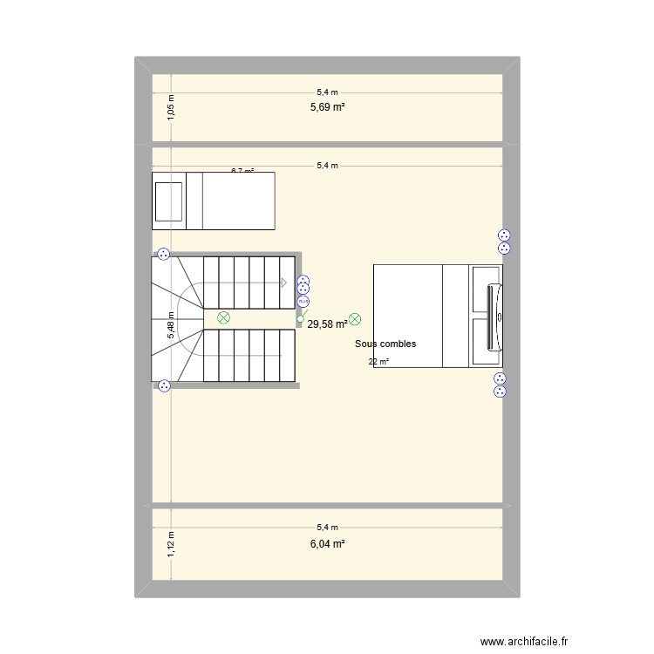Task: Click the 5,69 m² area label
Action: (327, 107)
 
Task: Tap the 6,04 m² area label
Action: (327, 543)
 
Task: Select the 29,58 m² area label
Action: (327, 324)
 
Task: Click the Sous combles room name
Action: (385, 344)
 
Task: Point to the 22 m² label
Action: (378, 362)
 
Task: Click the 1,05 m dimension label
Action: (171, 107)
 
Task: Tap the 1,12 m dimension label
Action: (171, 543)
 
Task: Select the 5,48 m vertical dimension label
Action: (171, 325)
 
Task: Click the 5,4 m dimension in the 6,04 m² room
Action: (327, 527)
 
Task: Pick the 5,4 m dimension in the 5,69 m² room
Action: (327, 92)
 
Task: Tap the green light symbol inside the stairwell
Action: (223, 318)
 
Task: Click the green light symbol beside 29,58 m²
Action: (354, 320)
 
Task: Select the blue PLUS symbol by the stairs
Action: (303, 303)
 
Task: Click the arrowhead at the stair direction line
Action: (284, 283)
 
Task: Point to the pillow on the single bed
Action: (168, 201)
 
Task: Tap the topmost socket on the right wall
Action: (503, 235)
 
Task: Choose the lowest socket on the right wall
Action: (500, 392)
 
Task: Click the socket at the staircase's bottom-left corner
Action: (164, 386)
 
